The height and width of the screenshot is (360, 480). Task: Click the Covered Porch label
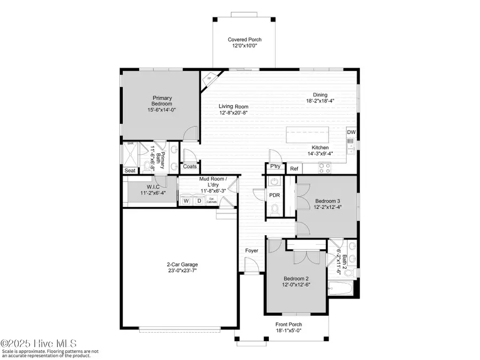(x=245, y=39)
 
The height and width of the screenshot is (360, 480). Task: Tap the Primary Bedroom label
(x=162, y=101)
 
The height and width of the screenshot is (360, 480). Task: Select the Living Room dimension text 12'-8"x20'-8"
(x=233, y=113)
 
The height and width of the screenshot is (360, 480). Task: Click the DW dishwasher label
(x=351, y=132)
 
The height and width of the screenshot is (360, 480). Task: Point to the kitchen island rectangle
(x=315, y=135)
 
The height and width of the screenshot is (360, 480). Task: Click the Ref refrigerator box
(x=294, y=169)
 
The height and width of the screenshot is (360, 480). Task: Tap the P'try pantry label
(x=275, y=166)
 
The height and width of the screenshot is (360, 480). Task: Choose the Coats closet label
(x=190, y=166)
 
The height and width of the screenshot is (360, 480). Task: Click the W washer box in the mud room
(x=186, y=201)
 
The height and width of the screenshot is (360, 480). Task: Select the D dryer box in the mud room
(x=198, y=201)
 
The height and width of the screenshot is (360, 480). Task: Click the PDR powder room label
(x=274, y=195)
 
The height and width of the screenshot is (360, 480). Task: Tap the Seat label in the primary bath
(x=130, y=171)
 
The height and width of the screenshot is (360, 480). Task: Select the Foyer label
(x=251, y=250)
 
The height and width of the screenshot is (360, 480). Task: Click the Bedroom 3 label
(x=326, y=201)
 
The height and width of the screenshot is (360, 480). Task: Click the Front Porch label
(x=289, y=324)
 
